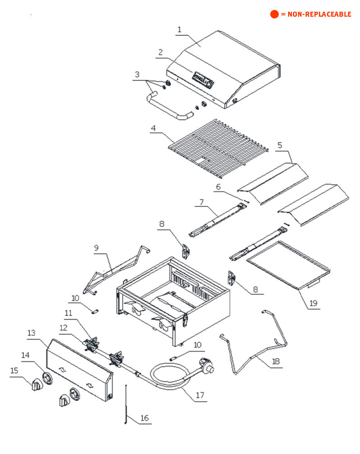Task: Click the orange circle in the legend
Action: point(274,14)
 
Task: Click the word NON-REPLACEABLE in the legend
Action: point(319,14)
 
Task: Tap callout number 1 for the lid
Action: point(179,30)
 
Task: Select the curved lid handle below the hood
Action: point(169,107)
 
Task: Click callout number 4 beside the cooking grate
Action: point(153,128)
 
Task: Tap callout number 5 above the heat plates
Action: point(280,145)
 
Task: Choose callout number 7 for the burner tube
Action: point(201,203)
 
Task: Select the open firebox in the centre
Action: point(174,298)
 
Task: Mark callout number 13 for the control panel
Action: point(31,333)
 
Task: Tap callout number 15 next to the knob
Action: point(14,370)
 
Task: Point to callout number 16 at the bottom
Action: point(144,418)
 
